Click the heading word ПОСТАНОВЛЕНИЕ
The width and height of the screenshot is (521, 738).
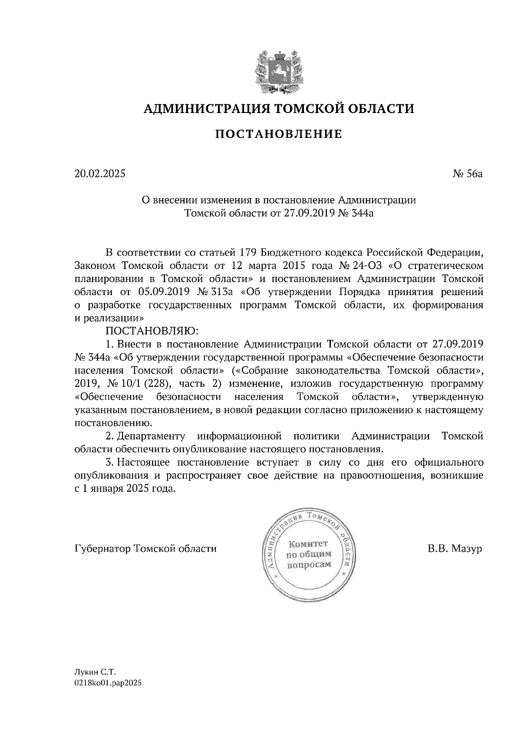tap(279, 134)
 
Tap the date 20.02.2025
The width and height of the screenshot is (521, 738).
tap(100, 174)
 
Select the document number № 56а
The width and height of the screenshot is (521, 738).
tap(467, 174)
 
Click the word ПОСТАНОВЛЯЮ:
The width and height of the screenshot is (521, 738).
tap(152, 331)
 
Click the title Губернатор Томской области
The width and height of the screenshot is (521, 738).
tap(145, 549)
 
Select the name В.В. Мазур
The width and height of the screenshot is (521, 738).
tap(455, 549)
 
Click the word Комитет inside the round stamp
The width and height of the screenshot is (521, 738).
tap(309, 544)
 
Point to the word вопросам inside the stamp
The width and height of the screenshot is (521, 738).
tap(309, 565)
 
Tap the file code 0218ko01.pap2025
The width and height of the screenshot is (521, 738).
tap(109, 683)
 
